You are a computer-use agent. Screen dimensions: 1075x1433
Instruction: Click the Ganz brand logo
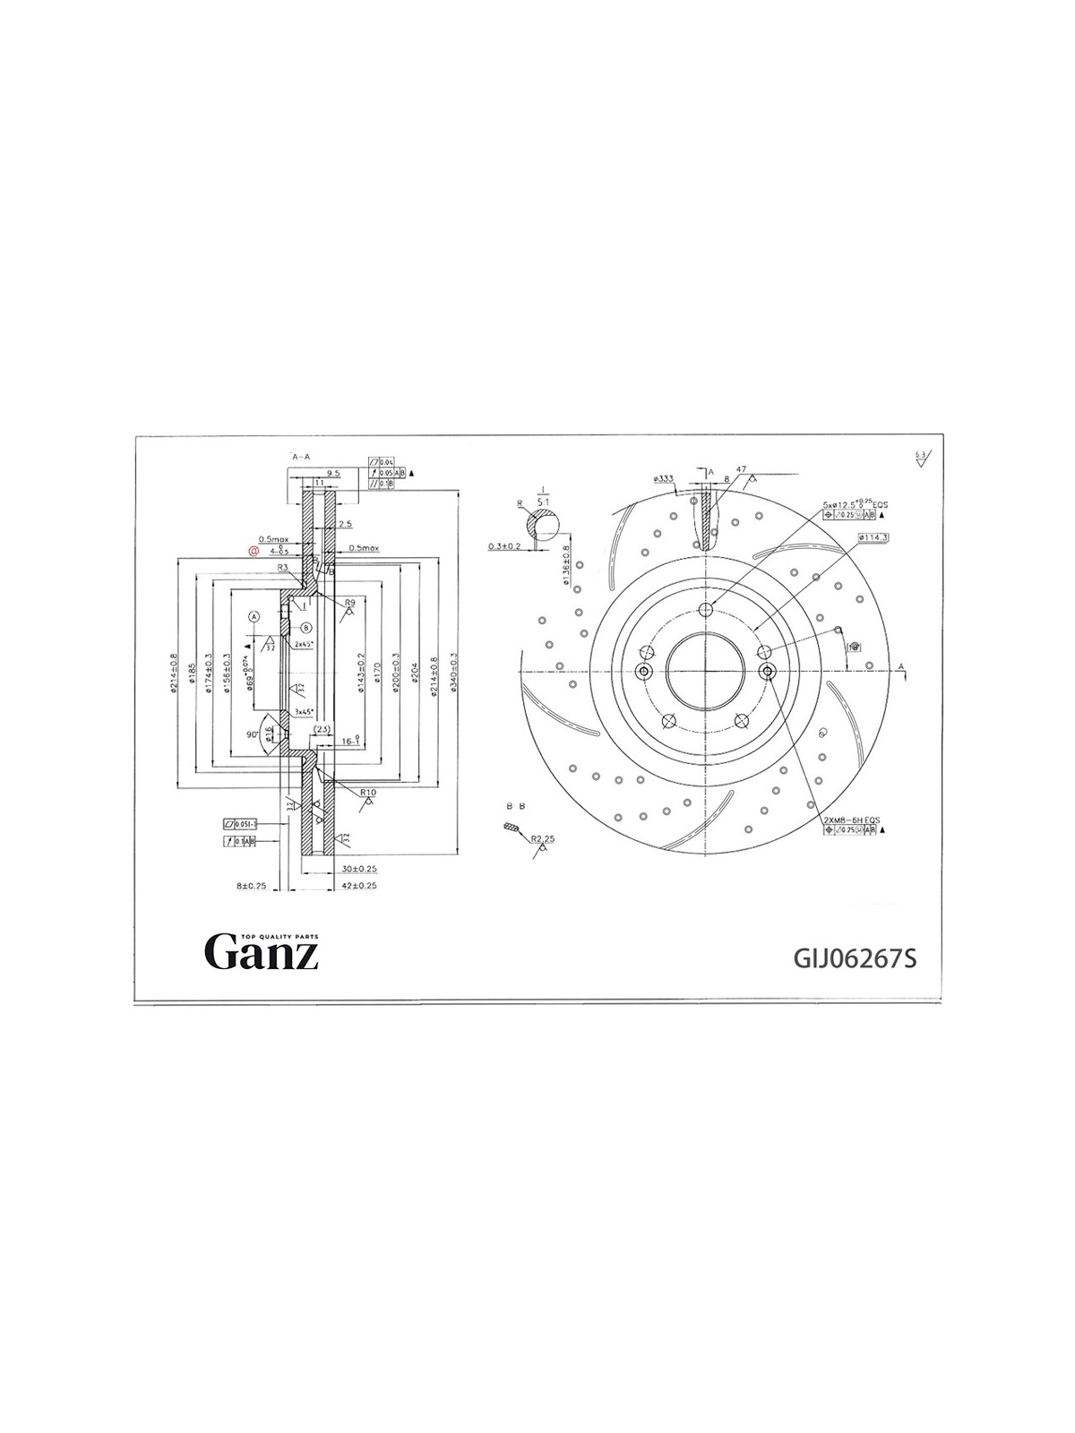pyautogui.click(x=262, y=951)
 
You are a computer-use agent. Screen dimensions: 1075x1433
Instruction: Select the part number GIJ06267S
pyautogui.click(x=856, y=959)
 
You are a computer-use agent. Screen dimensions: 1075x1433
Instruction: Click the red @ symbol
pyautogui.click(x=254, y=553)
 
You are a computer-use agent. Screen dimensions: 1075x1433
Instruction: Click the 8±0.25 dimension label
pyautogui.click(x=252, y=886)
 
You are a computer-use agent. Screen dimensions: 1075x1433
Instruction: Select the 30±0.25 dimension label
pyautogui.click(x=357, y=869)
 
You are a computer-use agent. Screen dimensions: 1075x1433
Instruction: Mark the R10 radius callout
pyautogui.click(x=367, y=794)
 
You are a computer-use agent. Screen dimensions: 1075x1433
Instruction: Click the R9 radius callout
pyautogui.click(x=350, y=603)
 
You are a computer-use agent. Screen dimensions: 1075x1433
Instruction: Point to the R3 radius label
pyautogui.click(x=281, y=568)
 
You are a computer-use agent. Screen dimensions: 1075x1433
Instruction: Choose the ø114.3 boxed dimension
pyautogui.click(x=873, y=537)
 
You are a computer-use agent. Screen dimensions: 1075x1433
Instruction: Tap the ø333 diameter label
pyautogui.click(x=665, y=479)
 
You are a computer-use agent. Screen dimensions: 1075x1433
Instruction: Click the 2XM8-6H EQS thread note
pyautogui.click(x=852, y=819)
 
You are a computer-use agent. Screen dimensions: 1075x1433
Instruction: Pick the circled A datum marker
pyautogui.click(x=254, y=617)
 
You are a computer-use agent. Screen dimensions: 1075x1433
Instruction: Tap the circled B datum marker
pyautogui.click(x=305, y=628)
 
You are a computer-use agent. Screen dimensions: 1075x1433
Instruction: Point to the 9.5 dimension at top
pyautogui.click(x=333, y=472)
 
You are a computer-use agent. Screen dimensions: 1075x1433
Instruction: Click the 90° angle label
pyautogui.click(x=253, y=734)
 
